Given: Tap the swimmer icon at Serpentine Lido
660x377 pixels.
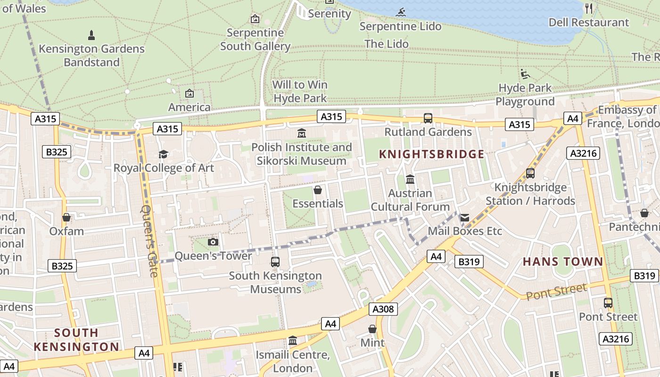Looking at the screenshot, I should pyautogui.click(x=401, y=12).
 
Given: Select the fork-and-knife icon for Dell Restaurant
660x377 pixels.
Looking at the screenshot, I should pyautogui.click(x=589, y=8).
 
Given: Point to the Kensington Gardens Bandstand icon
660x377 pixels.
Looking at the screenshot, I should pyautogui.click(x=91, y=35).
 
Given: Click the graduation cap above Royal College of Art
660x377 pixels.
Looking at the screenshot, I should pyautogui.click(x=164, y=154).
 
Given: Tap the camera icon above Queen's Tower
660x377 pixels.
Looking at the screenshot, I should pyautogui.click(x=213, y=242).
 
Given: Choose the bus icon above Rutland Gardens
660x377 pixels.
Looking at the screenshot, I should pyautogui.click(x=428, y=118).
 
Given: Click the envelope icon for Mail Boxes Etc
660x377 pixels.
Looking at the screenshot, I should pyautogui.click(x=465, y=217).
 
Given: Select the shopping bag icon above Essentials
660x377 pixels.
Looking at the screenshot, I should pyautogui.click(x=318, y=190).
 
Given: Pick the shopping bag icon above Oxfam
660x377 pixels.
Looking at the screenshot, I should pyautogui.click(x=66, y=217).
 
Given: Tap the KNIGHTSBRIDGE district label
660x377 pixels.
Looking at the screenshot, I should pyautogui.click(x=431, y=154).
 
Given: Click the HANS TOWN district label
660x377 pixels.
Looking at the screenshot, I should pyautogui.click(x=563, y=262).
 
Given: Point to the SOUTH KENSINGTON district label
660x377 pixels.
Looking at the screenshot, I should pyautogui.click(x=76, y=340).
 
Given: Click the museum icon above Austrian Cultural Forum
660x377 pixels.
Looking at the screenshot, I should pyautogui.click(x=410, y=180).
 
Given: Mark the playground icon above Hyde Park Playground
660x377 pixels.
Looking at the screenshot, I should pyautogui.click(x=525, y=74).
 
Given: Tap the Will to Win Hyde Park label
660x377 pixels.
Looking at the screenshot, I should pyautogui.click(x=300, y=91).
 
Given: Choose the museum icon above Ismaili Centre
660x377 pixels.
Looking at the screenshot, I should pyautogui.click(x=293, y=340).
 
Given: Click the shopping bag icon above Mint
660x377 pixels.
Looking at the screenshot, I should pyautogui.click(x=372, y=328).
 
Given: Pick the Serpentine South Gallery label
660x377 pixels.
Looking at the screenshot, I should pyautogui.click(x=255, y=40).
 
